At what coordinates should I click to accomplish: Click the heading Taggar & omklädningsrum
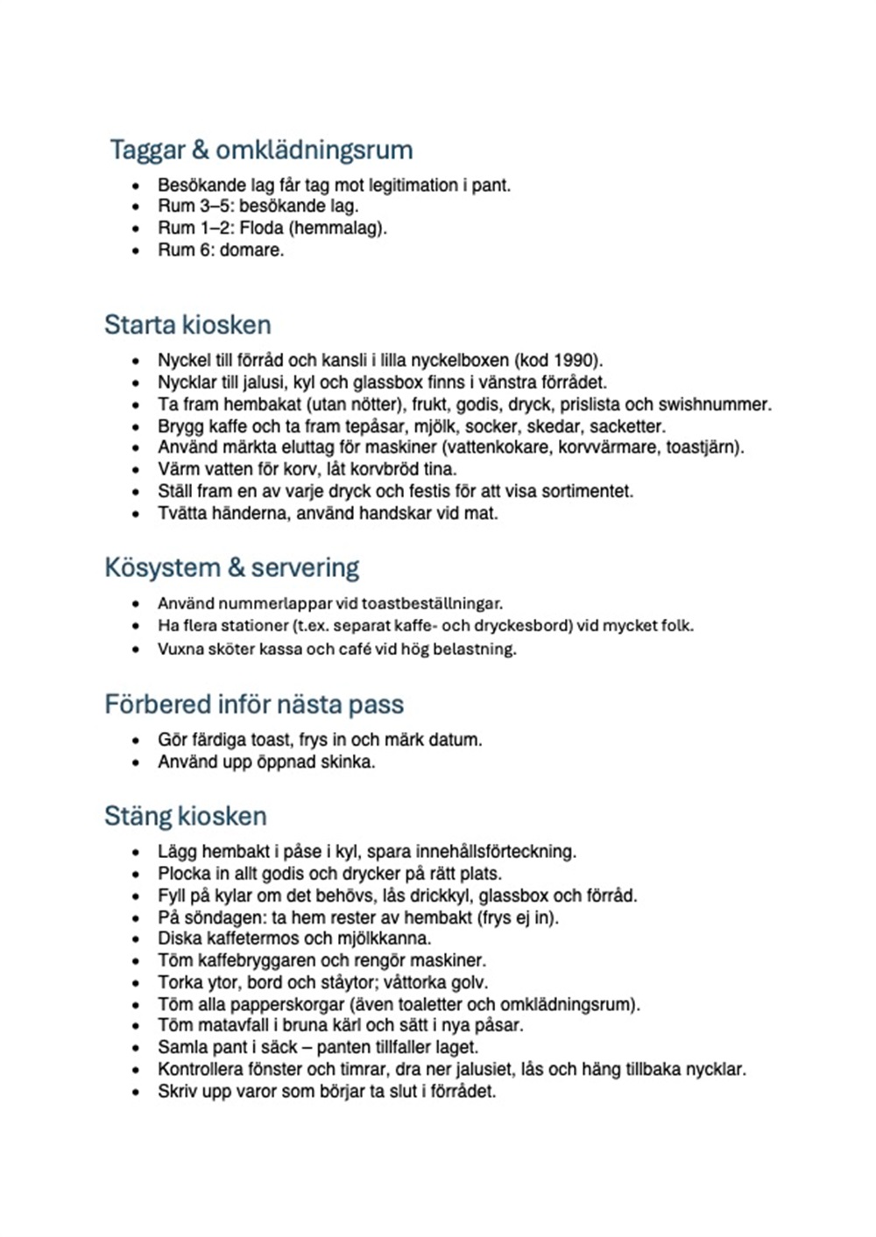261,150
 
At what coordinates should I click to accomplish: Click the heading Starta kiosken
187,325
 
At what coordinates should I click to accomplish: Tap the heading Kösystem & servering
231,567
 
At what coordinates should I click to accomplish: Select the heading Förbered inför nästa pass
254,704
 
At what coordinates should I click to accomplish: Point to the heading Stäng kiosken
185,816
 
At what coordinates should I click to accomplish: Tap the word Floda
261,228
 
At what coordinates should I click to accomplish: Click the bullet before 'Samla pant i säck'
136,1048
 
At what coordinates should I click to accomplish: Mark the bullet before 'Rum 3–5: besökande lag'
136,207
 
